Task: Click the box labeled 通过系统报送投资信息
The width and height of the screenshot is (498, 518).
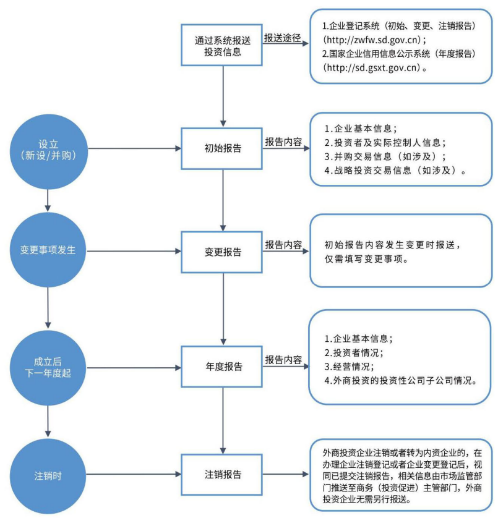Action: [x=223, y=45]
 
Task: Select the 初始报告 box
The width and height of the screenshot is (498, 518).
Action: [x=223, y=149]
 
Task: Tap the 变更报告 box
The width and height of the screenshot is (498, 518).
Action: [x=223, y=252]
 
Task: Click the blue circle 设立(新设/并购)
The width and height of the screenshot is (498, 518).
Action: [x=48, y=148]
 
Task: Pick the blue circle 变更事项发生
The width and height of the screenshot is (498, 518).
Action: [x=48, y=252]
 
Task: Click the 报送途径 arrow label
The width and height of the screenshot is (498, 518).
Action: [x=283, y=38]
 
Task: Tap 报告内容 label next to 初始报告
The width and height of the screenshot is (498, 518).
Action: [x=283, y=142]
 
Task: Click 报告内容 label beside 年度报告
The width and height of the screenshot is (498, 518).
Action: [x=283, y=360]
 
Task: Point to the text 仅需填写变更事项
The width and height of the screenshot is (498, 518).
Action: [x=366, y=259]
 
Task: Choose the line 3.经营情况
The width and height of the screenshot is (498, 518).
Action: [x=350, y=367]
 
